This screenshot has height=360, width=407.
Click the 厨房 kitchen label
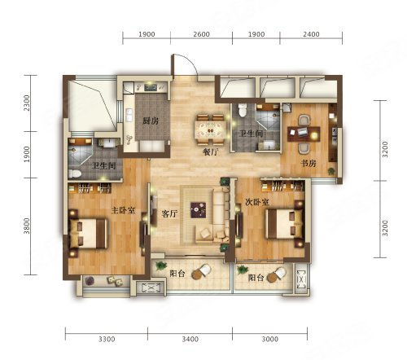pos(151,121)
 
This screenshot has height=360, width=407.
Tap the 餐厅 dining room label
pos(211,152)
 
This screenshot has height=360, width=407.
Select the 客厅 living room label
pos(169,213)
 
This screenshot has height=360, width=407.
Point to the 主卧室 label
pos(123,210)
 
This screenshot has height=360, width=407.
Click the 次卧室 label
pos(257,202)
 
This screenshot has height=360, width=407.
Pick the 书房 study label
pos(309,163)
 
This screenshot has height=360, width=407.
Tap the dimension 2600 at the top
pos(201,34)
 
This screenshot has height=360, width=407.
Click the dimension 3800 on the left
pos(27,226)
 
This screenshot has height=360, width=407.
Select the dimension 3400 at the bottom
pos(190,339)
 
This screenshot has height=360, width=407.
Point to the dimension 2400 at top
pos(311,34)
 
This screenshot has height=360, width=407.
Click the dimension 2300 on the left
pos(27,103)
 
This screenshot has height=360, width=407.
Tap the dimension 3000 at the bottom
pos(270,339)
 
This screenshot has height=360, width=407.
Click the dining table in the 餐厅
pos(211,130)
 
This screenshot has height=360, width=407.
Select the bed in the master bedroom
pos(88,233)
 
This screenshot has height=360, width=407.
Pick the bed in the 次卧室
pos(284,223)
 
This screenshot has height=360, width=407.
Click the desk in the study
pos(304,134)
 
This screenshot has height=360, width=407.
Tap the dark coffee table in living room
pos(198,210)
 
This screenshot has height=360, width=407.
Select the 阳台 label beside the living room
pos(177,274)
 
